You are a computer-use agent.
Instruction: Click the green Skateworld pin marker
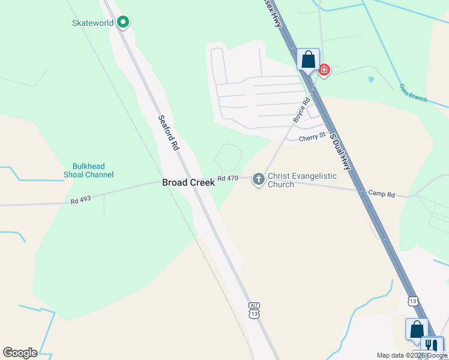[124, 23]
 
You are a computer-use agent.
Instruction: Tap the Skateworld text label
[93, 23]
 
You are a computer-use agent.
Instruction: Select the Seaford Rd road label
[169, 132]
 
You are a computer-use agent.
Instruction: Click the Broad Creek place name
[188, 182]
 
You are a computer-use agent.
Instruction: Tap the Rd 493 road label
[80, 200]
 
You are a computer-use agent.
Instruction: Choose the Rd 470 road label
[228, 178]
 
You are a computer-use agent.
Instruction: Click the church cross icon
[259, 179]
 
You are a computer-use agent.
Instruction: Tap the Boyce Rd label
[301, 110]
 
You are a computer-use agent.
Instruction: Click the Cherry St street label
[312, 138]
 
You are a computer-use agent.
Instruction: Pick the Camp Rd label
[381, 194]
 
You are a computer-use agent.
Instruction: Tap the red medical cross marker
[324, 70]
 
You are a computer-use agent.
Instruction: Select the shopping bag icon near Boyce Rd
[308, 59]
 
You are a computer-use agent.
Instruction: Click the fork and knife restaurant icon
[431, 346]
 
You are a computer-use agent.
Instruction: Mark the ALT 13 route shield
[255, 310]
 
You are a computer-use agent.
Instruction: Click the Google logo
[20, 353]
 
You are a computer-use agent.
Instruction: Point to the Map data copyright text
[412, 355]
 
